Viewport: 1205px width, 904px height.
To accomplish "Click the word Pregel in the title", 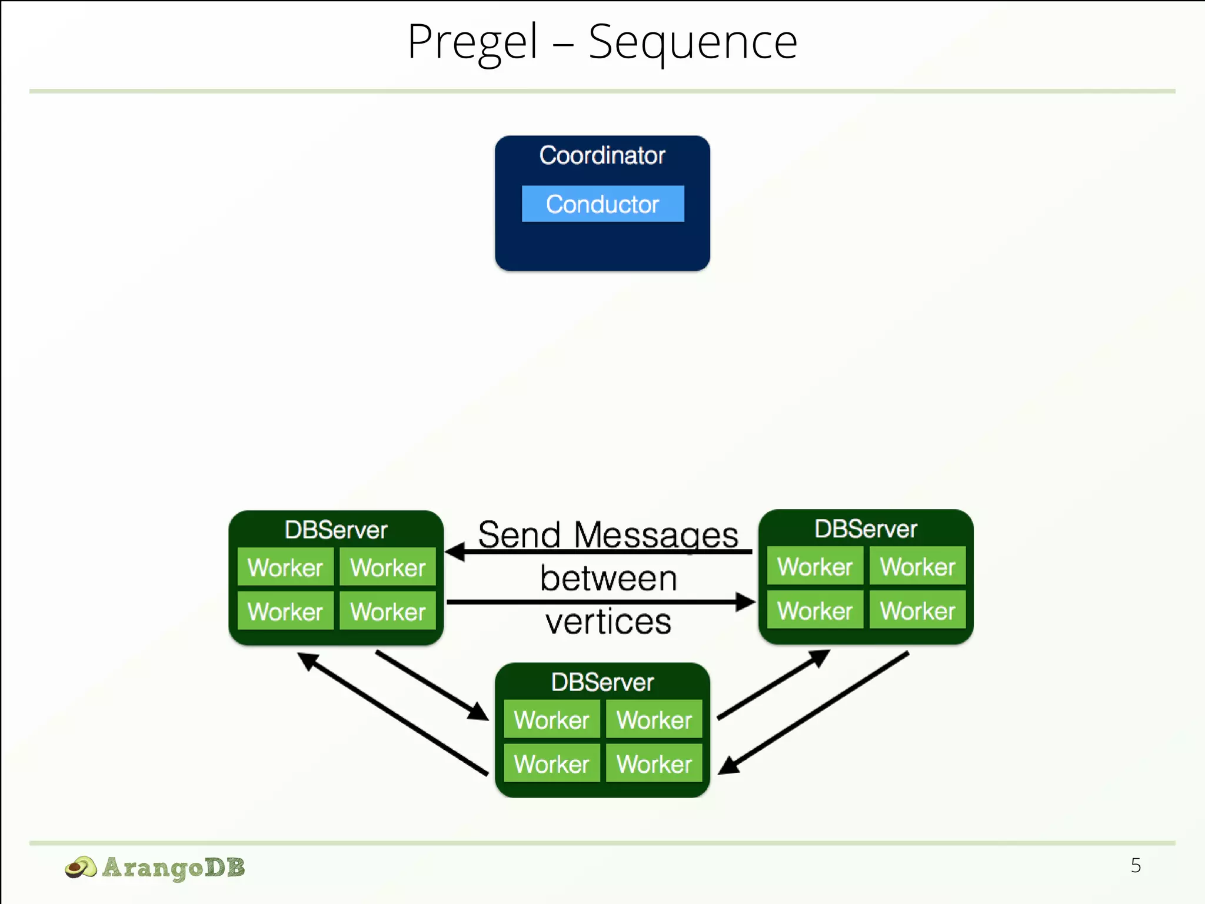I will tap(472, 42).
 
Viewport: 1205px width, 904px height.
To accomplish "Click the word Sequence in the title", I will tap(693, 42).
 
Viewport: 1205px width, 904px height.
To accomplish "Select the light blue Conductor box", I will tap(602, 204).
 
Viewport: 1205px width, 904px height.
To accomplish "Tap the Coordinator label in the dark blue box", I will tap(602, 155).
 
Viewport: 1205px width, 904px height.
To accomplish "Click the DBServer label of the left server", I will tap(335, 530).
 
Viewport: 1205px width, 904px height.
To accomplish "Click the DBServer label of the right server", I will tap(866, 529).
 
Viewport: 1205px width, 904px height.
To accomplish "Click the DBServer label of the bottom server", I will tap(602, 682).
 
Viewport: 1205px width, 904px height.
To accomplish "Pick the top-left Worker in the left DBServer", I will tap(285, 567).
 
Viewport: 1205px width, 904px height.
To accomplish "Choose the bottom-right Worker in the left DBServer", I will tap(388, 611).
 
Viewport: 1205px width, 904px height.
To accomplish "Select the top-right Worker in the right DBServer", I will tap(917, 566).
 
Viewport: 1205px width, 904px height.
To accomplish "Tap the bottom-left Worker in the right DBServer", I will tap(815, 610).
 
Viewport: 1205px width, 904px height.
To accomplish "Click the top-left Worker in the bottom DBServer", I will tap(551, 719).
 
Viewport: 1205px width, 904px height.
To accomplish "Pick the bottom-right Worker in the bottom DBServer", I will tap(654, 763).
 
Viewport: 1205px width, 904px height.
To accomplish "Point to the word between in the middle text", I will tap(608, 578).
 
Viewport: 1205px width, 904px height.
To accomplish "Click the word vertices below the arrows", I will tap(608, 621).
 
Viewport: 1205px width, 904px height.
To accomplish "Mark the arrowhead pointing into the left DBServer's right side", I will tap(454, 552).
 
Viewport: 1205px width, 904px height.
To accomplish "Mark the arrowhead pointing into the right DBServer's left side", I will tap(746, 601).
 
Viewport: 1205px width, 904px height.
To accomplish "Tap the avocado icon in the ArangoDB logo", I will tap(80, 868).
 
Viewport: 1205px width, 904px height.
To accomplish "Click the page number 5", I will tap(1136, 865).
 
